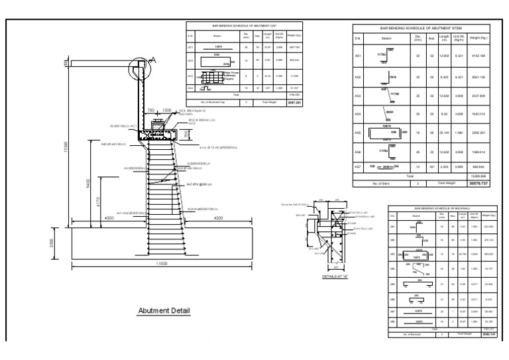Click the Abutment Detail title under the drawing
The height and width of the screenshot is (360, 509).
(163, 310)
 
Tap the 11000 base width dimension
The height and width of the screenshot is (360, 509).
(162, 264)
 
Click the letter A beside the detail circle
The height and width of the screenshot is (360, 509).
(154, 60)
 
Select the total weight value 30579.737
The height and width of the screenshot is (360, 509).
(477, 182)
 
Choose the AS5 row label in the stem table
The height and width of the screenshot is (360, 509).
(358, 133)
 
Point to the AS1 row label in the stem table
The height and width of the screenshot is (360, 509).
(358, 56)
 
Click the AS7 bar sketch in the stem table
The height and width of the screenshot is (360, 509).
(385, 167)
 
